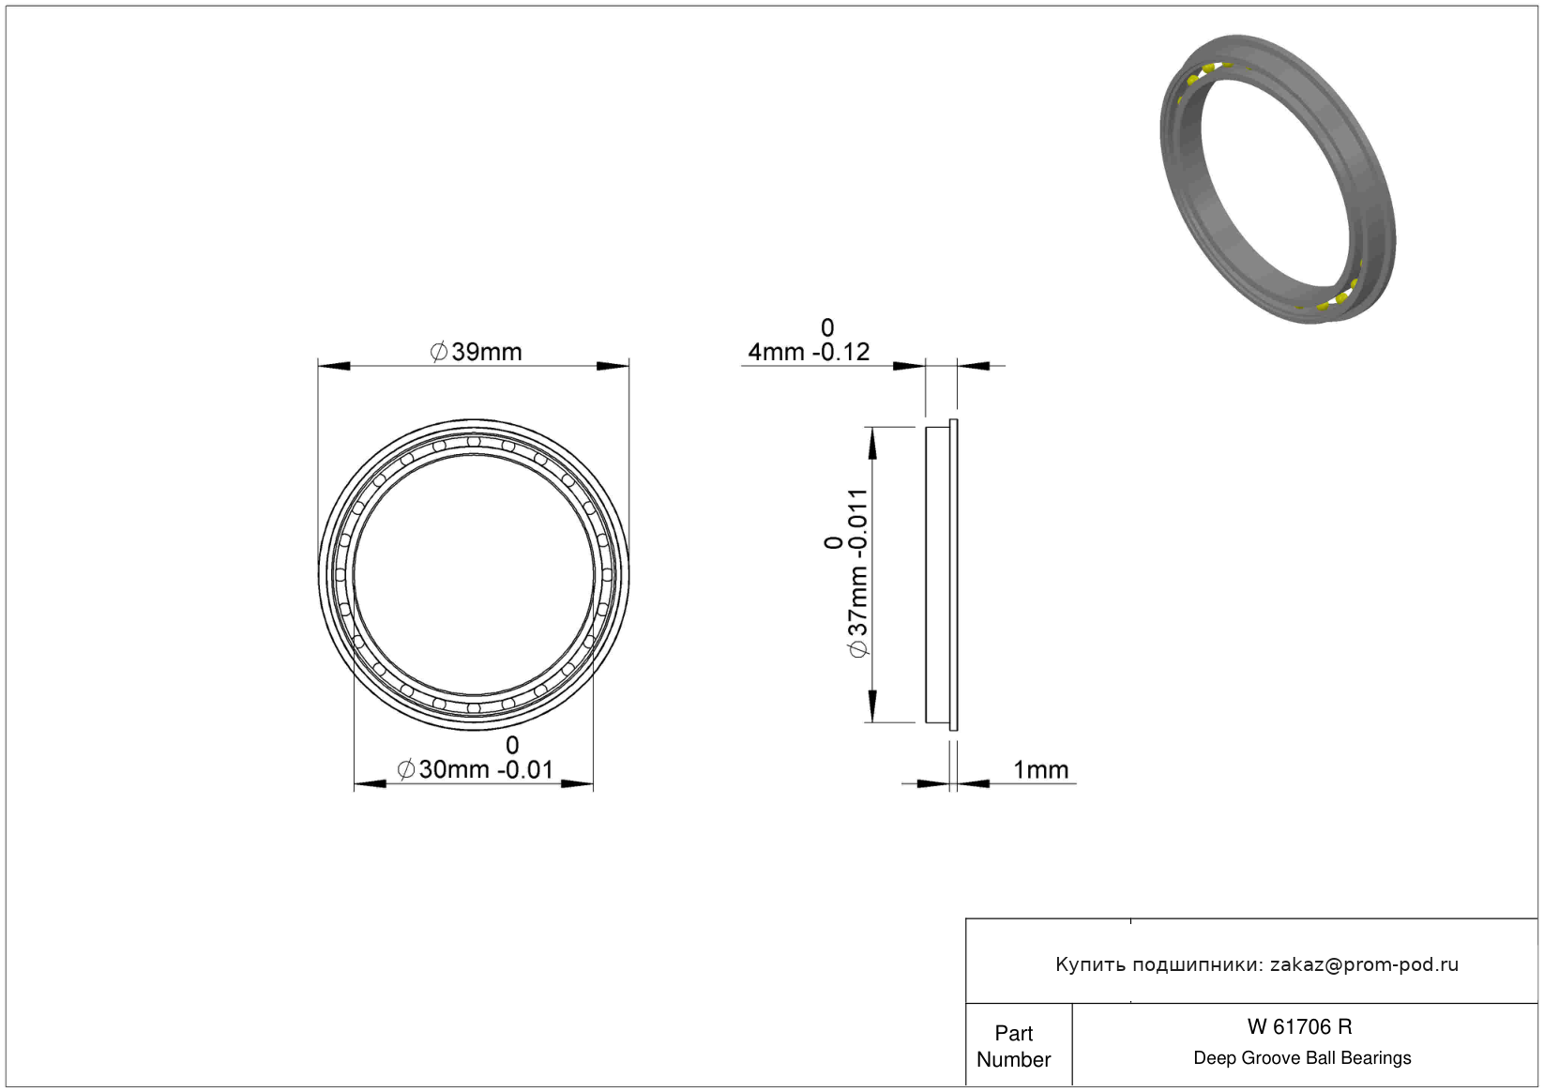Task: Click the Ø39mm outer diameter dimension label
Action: [x=476, y=352]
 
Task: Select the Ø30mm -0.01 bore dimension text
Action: [x=476, y=769]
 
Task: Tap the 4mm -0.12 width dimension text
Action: [x=809, y=353]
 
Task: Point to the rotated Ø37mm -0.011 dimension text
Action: [x=856, y=573]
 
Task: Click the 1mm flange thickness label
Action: [x=1041, y=769]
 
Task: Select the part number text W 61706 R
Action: [x=1299, y=1027]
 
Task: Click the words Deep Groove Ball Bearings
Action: [x=1302, y=1058]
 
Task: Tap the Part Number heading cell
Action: [x=1013, y=1046]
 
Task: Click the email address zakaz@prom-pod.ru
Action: [x=1364, y=964]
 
